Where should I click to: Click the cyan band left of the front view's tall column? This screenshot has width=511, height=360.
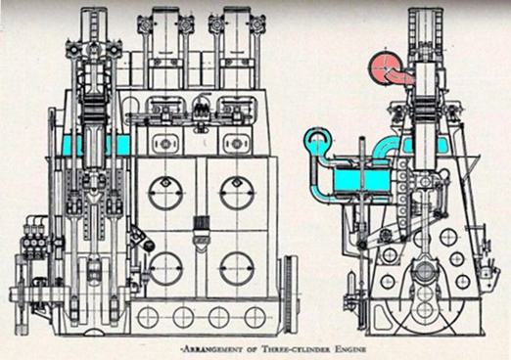[73, 145]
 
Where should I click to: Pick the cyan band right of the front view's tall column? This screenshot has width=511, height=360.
[121, 145]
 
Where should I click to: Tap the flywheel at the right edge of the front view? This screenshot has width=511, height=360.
[290, 291]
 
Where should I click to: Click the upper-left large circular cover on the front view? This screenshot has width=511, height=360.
[165, 193]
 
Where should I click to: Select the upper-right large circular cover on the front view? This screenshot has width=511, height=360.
[238, 193]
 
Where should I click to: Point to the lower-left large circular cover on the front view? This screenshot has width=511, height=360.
[165, 267]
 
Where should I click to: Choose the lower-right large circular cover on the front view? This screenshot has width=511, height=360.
[238, 267]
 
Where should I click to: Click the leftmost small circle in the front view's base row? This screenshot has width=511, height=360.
[148, 317]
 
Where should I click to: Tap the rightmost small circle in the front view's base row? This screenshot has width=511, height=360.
[255, 317]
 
